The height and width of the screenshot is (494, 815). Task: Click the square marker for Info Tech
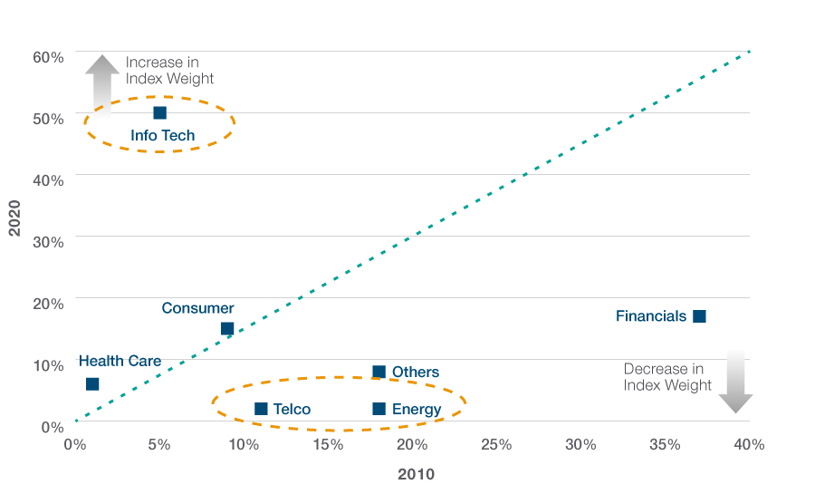click(x=159, y=113)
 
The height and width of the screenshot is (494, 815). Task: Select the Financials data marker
click(x=699, y=316)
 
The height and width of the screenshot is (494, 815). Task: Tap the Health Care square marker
click(x=92, y=384)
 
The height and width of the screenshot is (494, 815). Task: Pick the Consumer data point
click(x=227, y=329)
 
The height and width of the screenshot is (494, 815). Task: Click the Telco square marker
click(x=261, y=409)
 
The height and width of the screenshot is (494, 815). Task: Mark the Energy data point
click(x=379, y=409)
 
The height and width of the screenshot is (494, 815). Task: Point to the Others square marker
click(x=379, y=372)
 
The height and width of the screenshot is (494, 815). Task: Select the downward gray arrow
click(x=735, y=382)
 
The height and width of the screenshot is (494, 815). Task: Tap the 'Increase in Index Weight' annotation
click(x=169, y=70)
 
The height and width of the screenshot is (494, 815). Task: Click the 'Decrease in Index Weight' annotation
click(x=668, y=377)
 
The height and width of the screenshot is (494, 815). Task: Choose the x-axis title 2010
click(x=416, y=474)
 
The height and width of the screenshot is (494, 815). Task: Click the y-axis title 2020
click(x=14, y=217)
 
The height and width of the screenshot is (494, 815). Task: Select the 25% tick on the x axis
click(x=496, y=445)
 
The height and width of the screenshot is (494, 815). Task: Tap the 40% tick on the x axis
click(x=748, y=445)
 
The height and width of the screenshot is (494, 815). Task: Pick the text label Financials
click(x=651, y=316)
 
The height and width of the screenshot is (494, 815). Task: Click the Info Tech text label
click(x=162, y=136)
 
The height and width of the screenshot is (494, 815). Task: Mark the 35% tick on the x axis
click(x=665, y=445)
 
